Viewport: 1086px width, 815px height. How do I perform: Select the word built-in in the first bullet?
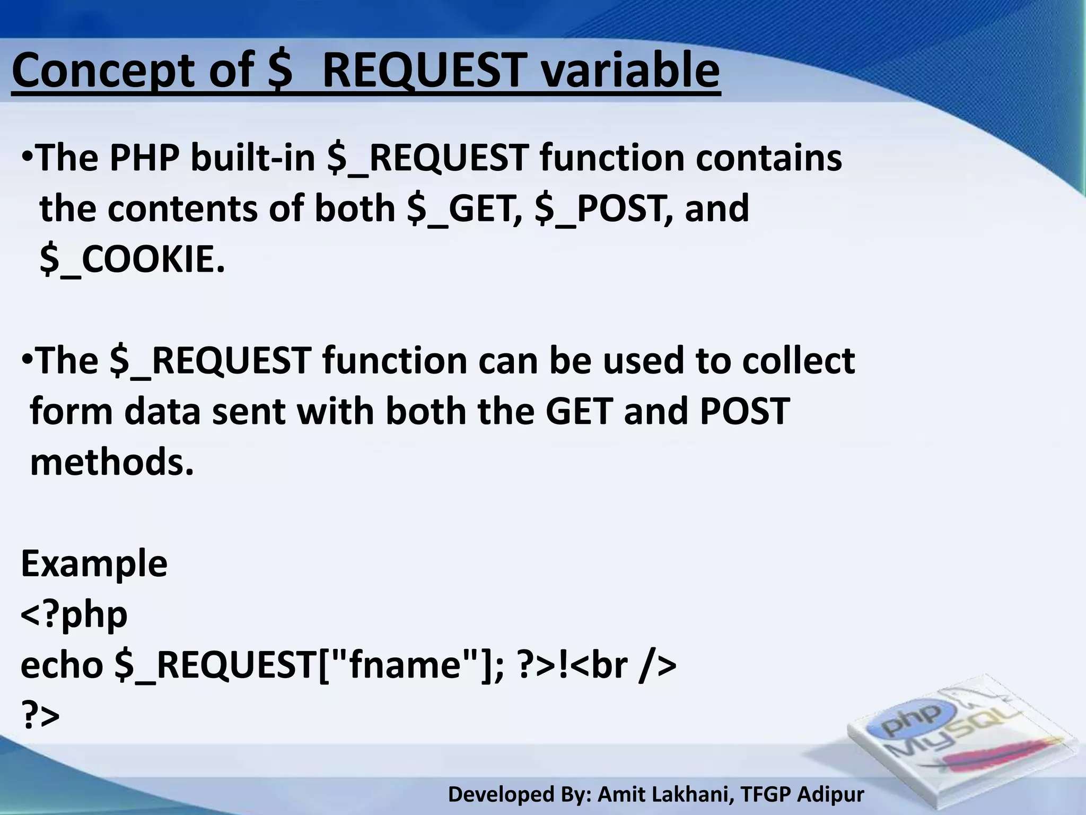(253, 158)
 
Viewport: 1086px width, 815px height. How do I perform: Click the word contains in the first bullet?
(769, 158)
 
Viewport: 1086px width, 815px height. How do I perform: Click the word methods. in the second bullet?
(112, 463)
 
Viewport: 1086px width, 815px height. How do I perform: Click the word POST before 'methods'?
(745, 411)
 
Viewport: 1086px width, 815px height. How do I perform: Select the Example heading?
(94, 563)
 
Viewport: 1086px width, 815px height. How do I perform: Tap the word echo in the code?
(62, 666)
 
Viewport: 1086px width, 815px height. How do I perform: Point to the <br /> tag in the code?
(623, 666)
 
